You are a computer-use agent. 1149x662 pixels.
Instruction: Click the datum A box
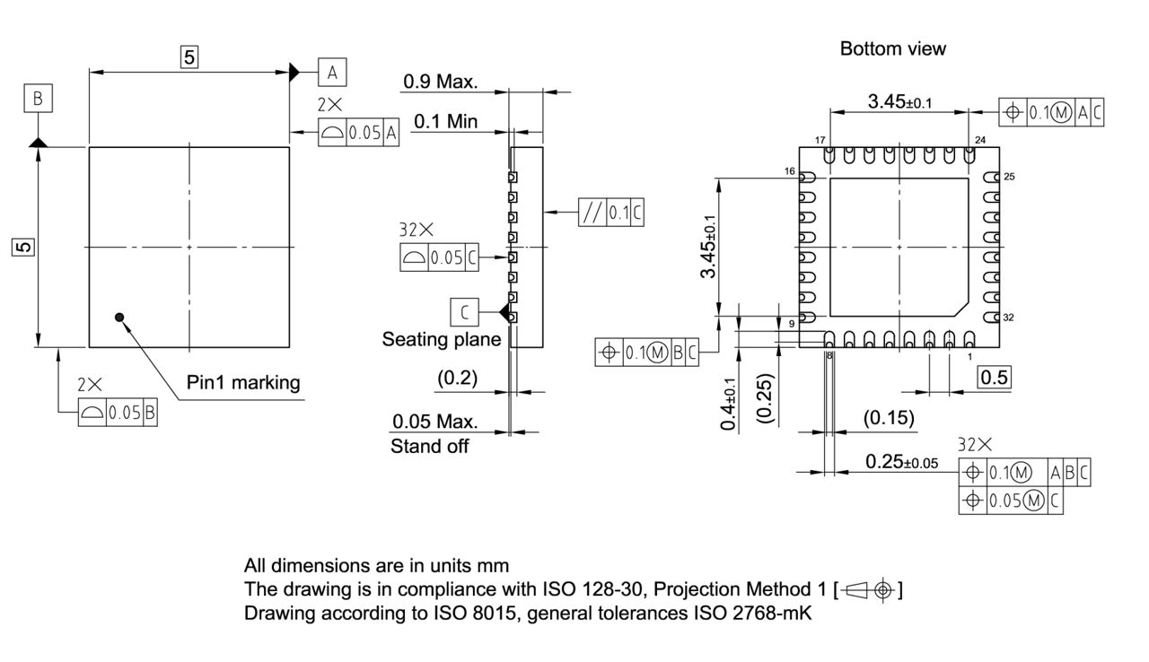click(x=331, y=71)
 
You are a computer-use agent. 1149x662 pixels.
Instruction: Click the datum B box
click(x=38, y=99)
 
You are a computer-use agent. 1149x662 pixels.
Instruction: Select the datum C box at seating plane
click(x=464, y=313)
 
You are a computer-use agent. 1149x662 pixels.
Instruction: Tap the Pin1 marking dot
click(x=119, y=316)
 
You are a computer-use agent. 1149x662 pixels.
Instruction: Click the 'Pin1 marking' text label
click(x=243, y=382)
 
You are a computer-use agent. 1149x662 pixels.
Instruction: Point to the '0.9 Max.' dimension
click(x=440, y=82)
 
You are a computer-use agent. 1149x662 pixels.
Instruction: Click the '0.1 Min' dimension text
click(x=445, y=121)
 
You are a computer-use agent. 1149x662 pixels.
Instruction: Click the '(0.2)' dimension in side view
click(x=457, y=379)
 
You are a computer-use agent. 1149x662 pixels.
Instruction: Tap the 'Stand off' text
click(x=429, y=446)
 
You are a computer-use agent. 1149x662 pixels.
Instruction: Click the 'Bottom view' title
click(x=892, y=48)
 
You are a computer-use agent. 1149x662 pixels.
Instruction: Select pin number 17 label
click(x=820, y=141)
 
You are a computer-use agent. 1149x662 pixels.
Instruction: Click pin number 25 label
click(x=1009, y=178)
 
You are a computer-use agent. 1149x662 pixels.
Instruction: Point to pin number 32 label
click(x=1009, y=318)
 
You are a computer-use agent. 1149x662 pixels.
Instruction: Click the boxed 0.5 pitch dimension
click(x=994, y=377)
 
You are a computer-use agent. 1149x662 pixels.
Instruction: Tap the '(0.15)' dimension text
click(x=889, y=417)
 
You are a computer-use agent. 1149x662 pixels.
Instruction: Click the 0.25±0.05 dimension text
click(x=901, y=462)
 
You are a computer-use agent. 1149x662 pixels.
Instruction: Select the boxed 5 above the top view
click(x=189, y=57)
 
